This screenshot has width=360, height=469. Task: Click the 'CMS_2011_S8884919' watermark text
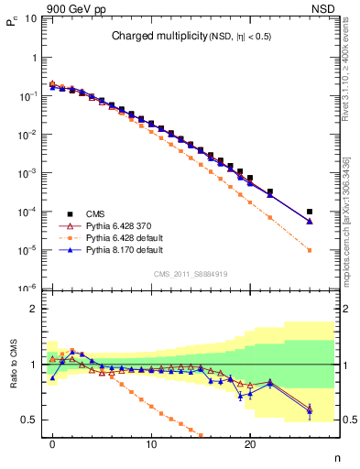(191, 272)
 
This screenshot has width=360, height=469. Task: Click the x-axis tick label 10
(151, 443)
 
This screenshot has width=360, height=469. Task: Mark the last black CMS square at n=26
(310, 212)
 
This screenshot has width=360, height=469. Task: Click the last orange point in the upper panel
(310, 250)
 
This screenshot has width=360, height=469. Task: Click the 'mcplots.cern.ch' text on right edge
(350, 229)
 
